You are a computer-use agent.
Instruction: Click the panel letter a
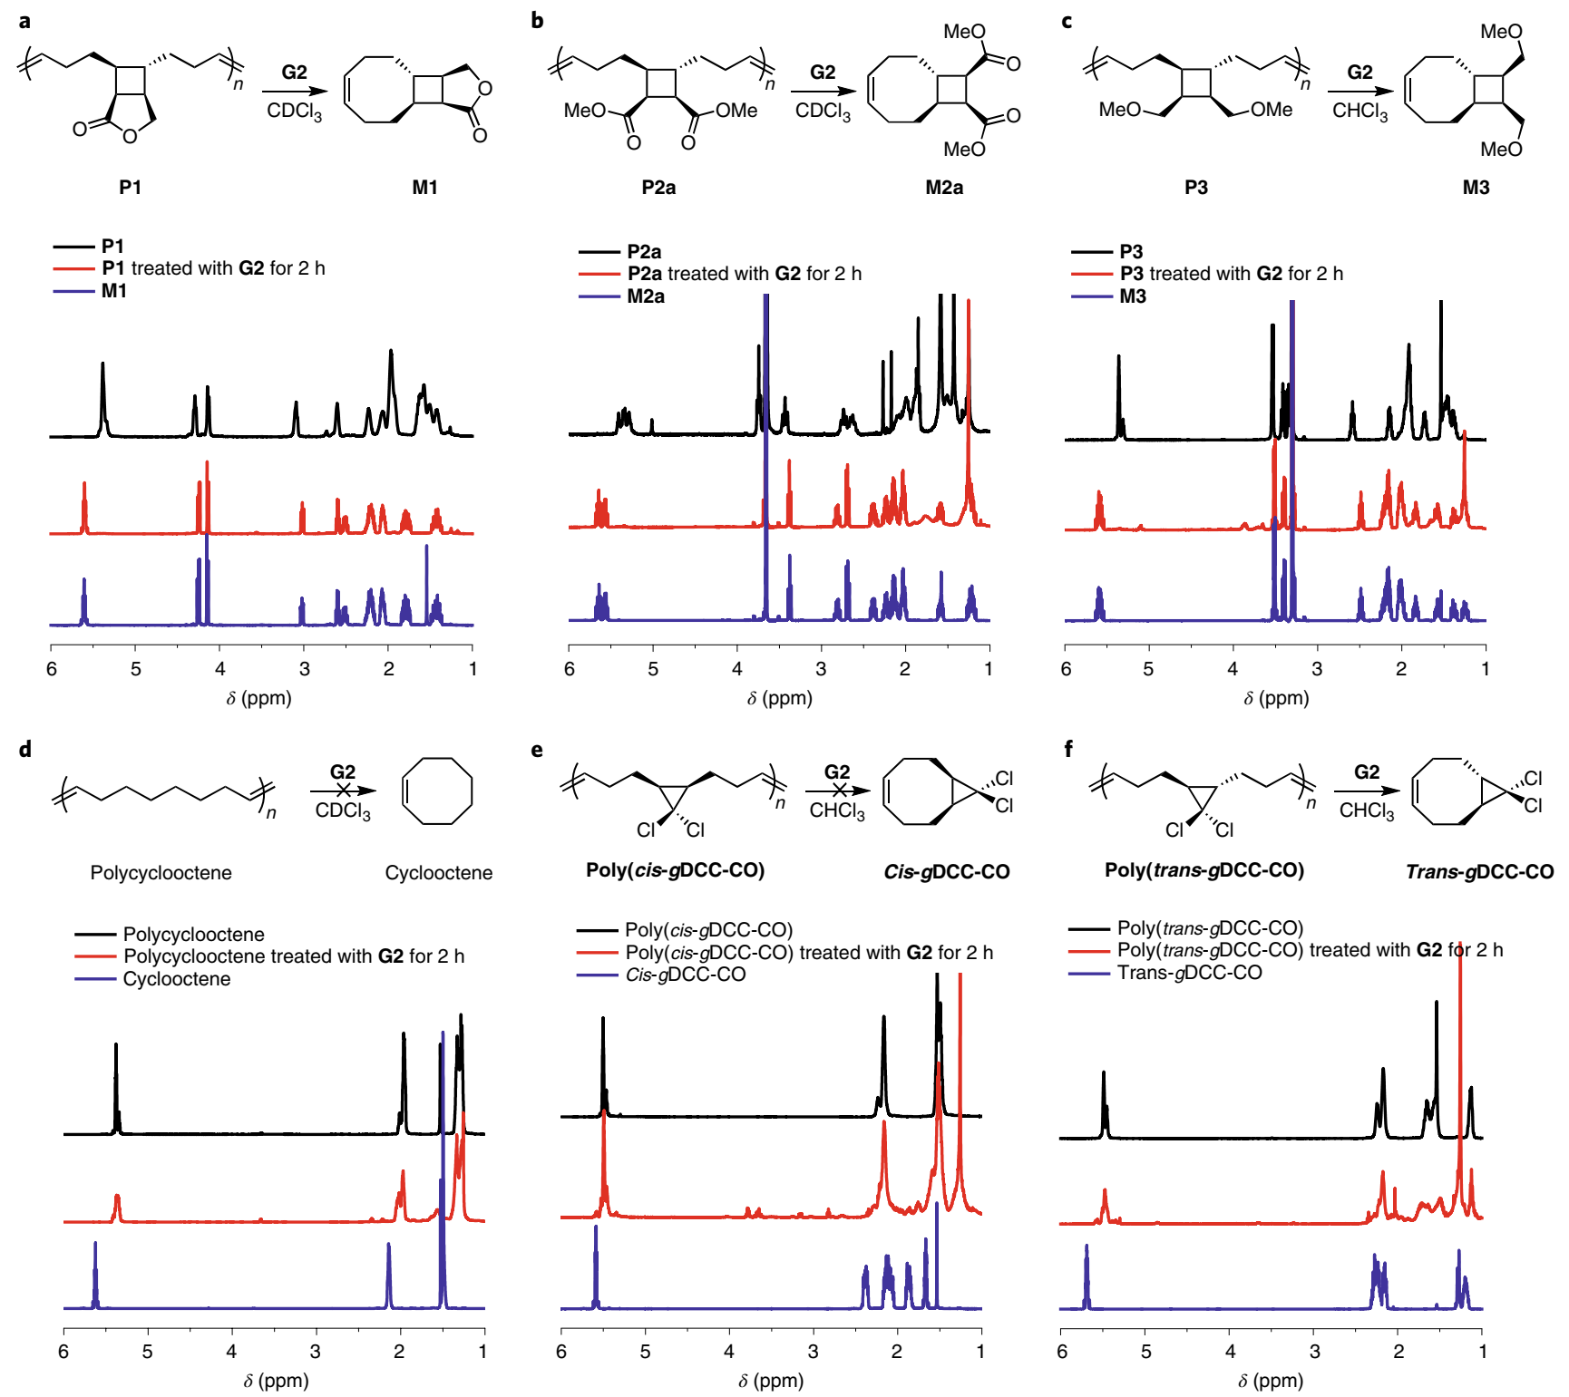[24, 20]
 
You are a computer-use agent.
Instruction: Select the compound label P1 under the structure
[130, 187]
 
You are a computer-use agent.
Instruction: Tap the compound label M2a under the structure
[943, 187]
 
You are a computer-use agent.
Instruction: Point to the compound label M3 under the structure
[1476, 187]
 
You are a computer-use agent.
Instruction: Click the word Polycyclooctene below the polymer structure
[161, 872]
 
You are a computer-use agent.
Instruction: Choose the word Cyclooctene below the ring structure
[438, 872]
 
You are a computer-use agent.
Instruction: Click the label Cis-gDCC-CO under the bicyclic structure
[946, 871]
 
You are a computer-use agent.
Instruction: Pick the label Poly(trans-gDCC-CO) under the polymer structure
[1204, 870]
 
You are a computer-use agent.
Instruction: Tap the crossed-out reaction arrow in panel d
[343, 791]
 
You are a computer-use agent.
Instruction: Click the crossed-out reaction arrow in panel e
[838, 791]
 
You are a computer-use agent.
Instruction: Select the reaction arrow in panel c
[1359, 91]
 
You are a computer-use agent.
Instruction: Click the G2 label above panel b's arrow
[823, 72]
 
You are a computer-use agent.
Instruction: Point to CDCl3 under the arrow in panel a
[294, 112]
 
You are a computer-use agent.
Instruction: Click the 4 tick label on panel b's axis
[737, 669]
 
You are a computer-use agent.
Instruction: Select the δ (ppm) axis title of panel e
[770, 1381]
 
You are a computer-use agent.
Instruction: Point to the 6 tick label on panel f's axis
[1062, 1352]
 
